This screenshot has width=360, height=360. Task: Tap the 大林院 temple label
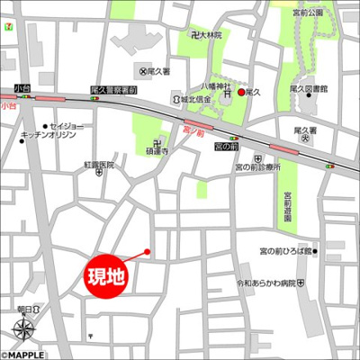(211, 35)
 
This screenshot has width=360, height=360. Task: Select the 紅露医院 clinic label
(100, 166)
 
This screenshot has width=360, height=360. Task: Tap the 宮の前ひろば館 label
(284, 251)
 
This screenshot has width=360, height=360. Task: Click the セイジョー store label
(66, 125)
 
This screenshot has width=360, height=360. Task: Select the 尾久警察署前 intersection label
(114, 91)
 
